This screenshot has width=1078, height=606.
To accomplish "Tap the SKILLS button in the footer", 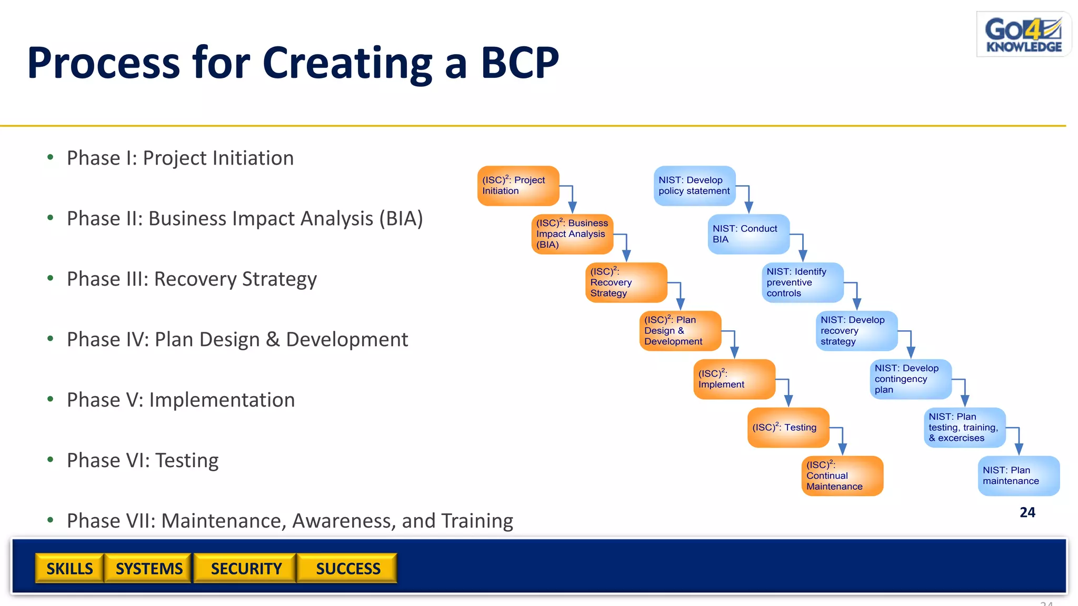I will tap(69, 568).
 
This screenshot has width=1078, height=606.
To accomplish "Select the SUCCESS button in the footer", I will tap(347, 568).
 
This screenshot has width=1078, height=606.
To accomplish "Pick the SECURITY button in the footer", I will tap(246, 568).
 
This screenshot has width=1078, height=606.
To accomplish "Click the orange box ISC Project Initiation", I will tap(518, 186).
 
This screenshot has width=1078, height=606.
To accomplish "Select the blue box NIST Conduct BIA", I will tap(748, 234).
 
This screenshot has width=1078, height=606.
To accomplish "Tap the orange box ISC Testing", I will tap(788, 428).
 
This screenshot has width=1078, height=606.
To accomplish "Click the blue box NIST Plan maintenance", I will tap(1018, 476).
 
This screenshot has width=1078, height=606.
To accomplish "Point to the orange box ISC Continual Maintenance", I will tap(842, 476).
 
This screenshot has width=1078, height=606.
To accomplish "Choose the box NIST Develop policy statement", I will tap(694, 186).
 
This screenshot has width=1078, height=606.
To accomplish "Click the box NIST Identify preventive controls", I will tap(802, 282).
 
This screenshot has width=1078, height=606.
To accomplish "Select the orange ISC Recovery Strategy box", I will tap(626, 282).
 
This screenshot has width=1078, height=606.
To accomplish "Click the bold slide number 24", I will tap(1027, 512).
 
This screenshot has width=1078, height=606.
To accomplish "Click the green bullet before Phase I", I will tap(51, 157).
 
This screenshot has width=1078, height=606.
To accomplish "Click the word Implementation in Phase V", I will tap(222, 400).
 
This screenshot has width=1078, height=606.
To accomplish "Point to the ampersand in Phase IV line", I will tap(272, 339).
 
